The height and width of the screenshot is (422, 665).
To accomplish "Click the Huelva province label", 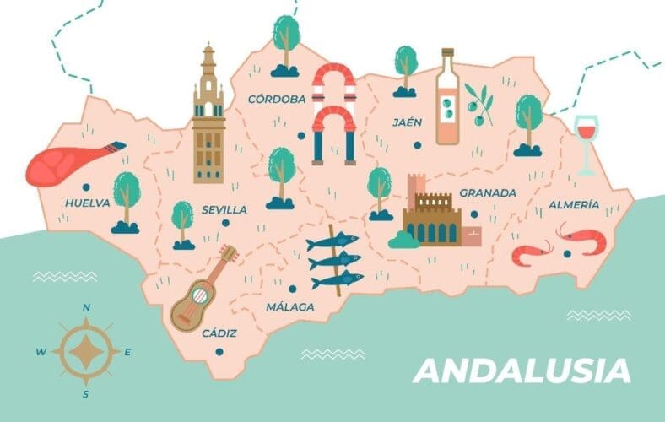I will pyautogui.click(x=87, y=203).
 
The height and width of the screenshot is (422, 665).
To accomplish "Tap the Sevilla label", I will pyautogui.click(x=224, y=209).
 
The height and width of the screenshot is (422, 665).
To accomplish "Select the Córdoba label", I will pyautogui.click(x=277, y=100).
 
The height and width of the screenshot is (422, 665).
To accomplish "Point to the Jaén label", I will pyautogui.click(x=407, y=122).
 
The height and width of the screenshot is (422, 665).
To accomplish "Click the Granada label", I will pyautogui.click(x=487, y=193).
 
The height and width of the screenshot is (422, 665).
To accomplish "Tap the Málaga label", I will pyautogui.click(x=289, y=307).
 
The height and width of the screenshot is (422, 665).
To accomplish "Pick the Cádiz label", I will pyautogui.click(x=219, y=333).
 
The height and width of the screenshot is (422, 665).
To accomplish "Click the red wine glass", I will pyautogui.click(x=585, y=141).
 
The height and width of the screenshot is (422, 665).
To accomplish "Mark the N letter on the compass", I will pyautogui.click(x=85, y=309).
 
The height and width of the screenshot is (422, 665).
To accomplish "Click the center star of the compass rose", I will pyautogui.click(x=84, y=352).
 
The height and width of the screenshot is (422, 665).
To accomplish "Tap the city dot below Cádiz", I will pyautogui.click(x=219, y=351).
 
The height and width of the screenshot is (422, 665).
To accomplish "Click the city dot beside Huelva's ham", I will pyautogui.click(x=85, y=187).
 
